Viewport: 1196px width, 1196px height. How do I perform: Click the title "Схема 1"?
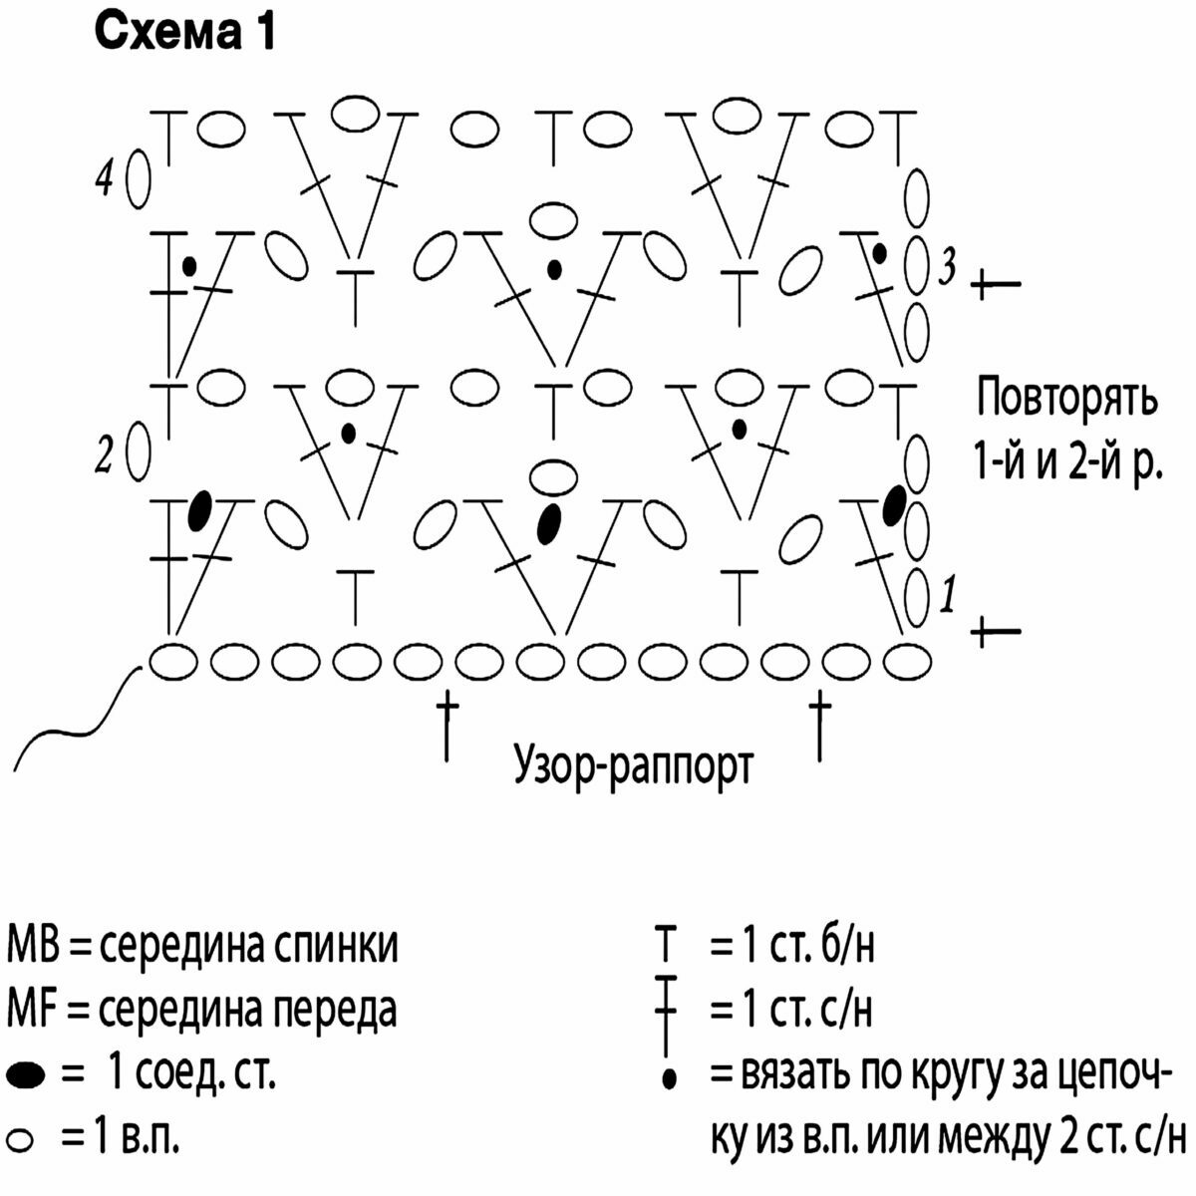tap(184, 32)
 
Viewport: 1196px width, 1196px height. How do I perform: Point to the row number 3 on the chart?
tap(946, 267)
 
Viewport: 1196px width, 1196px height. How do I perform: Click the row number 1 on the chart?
tap(948, 594)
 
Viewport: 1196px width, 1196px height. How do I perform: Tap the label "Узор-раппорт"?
tap(633, 766)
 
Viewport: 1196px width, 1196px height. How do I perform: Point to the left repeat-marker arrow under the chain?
tap(447, 727)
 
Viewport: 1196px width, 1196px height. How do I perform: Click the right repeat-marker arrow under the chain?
tap(820, 727)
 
